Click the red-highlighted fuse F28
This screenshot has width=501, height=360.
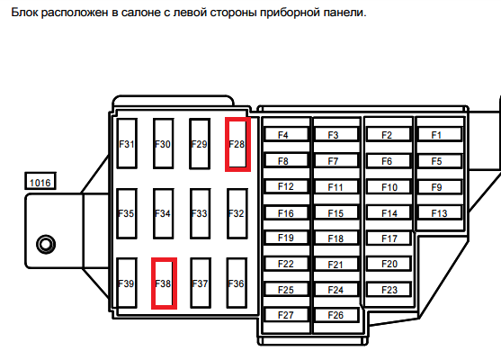click(x=237, y=144)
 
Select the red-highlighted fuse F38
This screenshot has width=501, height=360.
click(x=164, y=283)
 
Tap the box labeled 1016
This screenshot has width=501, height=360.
click(x=40, y=181)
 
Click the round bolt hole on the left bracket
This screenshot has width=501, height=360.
click(x=46, y=244)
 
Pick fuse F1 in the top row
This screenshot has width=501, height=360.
click(x=440, y=135)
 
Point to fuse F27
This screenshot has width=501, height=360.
click(x=286, y=315)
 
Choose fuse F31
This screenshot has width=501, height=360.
click(x=127, y=144)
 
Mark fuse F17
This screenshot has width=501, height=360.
click(x=389, y=238)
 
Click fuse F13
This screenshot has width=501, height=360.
click(x=440, y=212)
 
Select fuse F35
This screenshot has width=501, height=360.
click(x=127, y=213)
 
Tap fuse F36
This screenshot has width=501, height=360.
click(x=237, y=283)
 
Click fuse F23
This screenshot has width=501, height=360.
click(x=389, y=289)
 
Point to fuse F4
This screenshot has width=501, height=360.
click(x=286, y=135)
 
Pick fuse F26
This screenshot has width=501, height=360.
click(x=336, y=315)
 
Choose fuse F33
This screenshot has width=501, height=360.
click(x=201, y=213)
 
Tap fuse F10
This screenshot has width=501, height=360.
click(x=389, y=186)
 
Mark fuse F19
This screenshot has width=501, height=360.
click(x=286, y=238)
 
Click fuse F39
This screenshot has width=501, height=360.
click(x=127, y=283)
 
